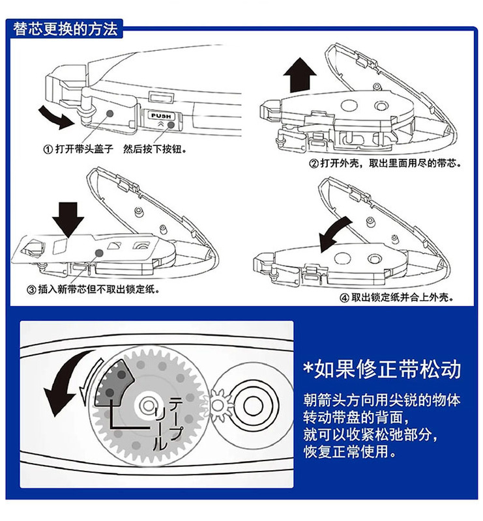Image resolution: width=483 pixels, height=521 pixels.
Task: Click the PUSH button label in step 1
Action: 161,116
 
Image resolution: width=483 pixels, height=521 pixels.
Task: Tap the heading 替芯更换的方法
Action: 65,29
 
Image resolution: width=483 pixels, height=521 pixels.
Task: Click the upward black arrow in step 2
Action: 300,75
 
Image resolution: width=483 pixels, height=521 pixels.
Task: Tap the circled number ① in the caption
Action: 48,150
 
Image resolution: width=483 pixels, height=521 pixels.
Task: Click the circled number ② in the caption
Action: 314,163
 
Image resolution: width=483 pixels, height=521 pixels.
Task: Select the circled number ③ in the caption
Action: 31,290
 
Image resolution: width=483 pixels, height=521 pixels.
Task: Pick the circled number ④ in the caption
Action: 344,298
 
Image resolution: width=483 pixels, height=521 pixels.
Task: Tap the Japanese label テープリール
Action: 168,424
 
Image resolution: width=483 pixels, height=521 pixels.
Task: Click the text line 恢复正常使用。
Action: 349,451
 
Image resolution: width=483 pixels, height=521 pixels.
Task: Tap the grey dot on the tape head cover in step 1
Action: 110,113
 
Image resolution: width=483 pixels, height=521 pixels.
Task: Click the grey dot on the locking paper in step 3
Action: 99,253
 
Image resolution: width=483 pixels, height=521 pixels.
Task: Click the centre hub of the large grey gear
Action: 148,405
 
